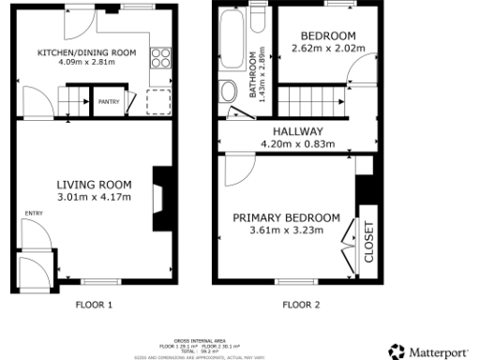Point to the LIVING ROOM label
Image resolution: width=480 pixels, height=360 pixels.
pyautogui.click(x=94, y=184)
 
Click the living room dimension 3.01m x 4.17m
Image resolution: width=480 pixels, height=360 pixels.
pyautogui.click(x=94, y=197)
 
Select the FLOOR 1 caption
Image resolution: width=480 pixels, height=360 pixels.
pyautogui.click(x=94, y=305)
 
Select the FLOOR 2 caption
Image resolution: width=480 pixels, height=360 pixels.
pyautogui.click(x=301, y=305)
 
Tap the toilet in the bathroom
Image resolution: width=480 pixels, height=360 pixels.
pyautogui.click(x=228, y=92)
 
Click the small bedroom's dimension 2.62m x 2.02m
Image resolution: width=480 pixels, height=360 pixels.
pyautogui.click(x=327, y=48)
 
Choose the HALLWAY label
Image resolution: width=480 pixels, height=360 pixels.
pyautogui.click(x=299, y=131)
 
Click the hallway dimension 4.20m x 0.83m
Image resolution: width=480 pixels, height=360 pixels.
pyautogui.click(x=299, y=144)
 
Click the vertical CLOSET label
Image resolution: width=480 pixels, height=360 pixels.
pyautogui.click(x=368, y=242)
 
